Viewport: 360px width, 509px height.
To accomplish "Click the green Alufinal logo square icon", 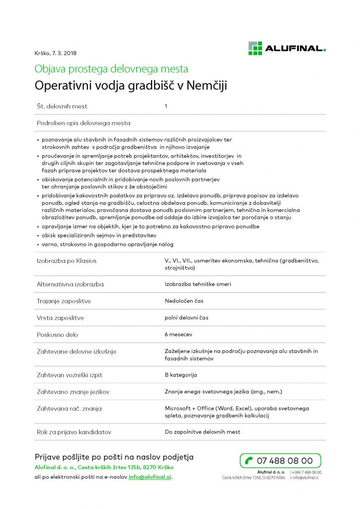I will click(255, 48).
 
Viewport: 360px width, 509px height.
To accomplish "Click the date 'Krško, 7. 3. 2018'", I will click(56, 53).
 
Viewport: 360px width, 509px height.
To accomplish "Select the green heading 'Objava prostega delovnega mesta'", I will click(111, 69).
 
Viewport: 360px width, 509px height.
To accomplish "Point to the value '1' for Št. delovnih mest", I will click(166, 106).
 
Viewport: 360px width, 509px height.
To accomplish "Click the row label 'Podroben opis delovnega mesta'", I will click(84, 123).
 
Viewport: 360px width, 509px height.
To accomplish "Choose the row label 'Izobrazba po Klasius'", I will click(67, 260).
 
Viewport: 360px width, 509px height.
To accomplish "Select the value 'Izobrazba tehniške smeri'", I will click(198, 284).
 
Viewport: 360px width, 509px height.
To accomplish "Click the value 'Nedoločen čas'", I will click(184, 301).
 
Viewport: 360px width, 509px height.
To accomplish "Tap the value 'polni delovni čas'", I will click(186, 318).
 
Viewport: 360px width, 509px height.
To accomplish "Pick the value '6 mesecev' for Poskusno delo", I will click(179, 335).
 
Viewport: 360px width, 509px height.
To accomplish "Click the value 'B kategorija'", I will click(181, 375).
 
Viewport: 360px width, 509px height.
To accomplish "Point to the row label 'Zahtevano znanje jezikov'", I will click(73, 392).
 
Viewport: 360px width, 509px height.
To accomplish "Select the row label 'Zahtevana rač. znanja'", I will click(69, 409).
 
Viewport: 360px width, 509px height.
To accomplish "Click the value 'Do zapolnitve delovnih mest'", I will click(202, 432).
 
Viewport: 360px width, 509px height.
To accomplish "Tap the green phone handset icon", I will click(248, 461).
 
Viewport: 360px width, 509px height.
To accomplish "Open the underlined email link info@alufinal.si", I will click(150, 477).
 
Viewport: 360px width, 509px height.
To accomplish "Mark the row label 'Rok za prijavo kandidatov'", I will click(74, 432).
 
